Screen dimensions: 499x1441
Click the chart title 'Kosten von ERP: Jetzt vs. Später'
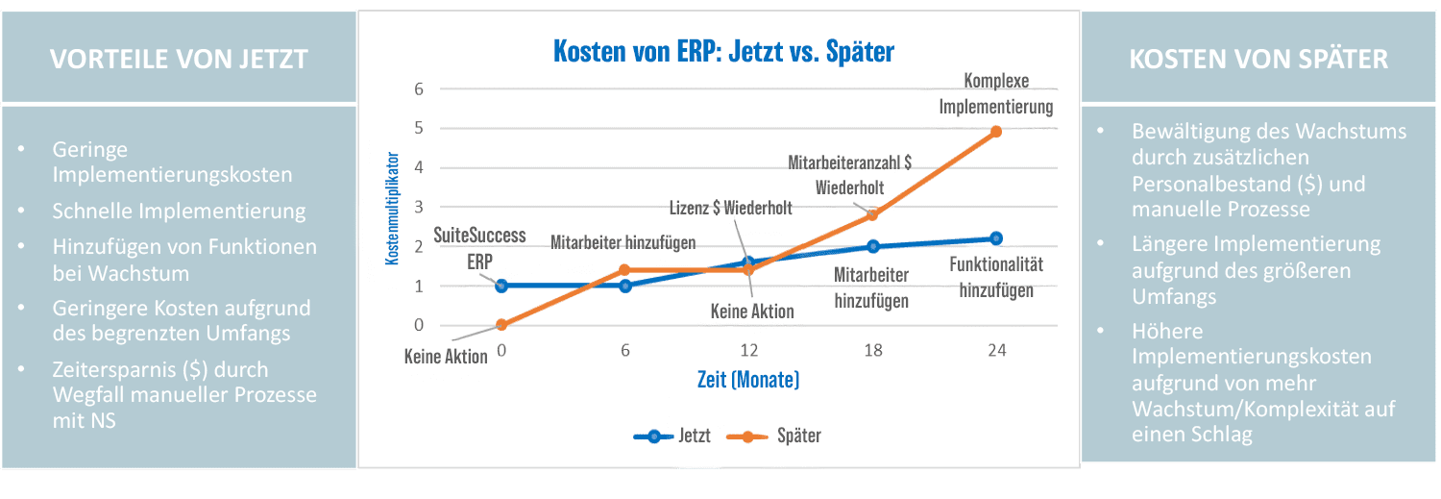click(723, 51)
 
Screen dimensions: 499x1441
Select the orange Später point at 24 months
click(996, 131)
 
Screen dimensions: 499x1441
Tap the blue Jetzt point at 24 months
click(996, 238)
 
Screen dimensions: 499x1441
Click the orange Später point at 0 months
click(501, 325)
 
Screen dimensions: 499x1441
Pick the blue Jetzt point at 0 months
click(501, 286)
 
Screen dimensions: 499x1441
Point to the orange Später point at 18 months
click(872, 214)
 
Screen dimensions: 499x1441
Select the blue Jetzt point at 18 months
click(872, 247)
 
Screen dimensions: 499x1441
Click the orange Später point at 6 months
click(624, 270)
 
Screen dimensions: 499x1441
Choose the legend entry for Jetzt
click(672, 436)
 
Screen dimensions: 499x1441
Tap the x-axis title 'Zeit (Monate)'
click(748, 380)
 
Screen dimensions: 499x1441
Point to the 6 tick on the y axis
click(418, 89)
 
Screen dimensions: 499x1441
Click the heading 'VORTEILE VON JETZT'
click(179, 59)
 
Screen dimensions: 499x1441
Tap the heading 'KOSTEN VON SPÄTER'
click(1258, 59)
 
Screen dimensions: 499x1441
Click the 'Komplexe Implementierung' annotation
click(995, 95)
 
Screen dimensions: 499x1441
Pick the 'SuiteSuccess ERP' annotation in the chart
click(467, 248)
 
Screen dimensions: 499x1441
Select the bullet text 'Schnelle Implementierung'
click(180, 212)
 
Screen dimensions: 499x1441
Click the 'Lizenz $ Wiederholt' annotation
click(732, 208)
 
